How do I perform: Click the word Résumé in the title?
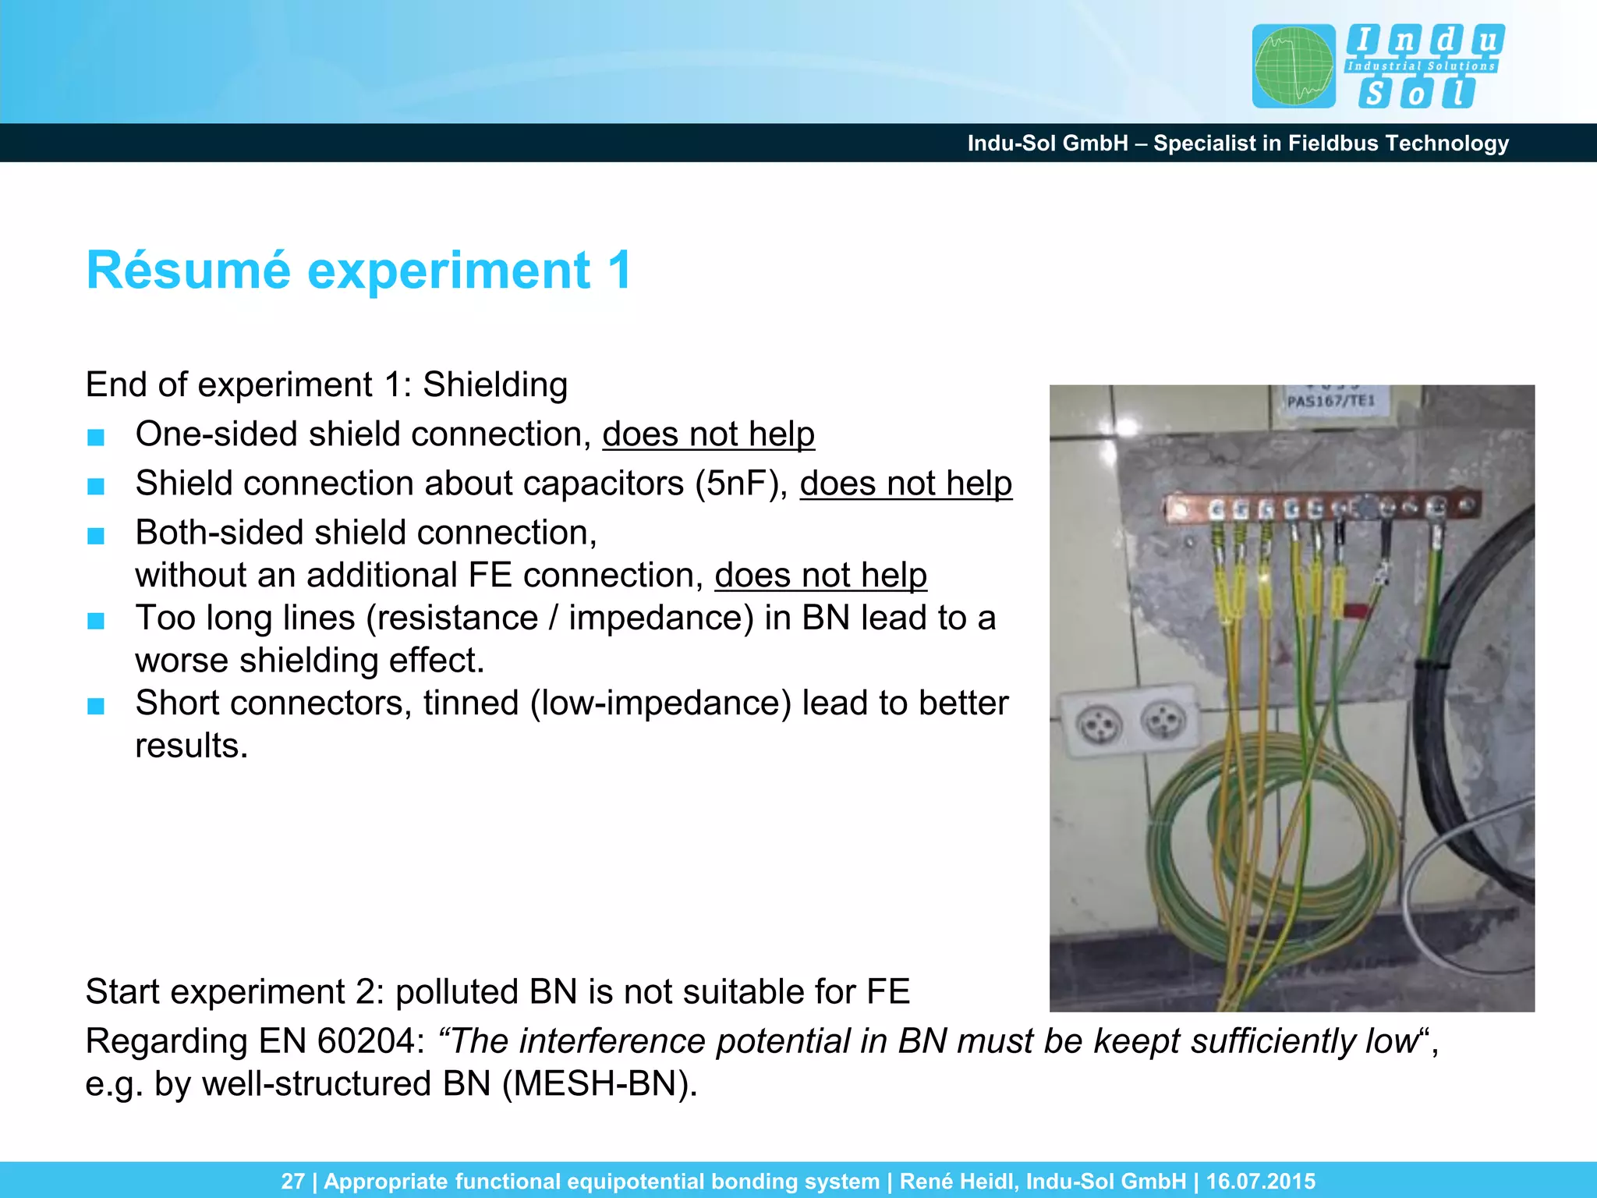[188, 271]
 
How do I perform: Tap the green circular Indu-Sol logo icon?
[1294, 66]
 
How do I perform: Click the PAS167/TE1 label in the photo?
[1331, 402]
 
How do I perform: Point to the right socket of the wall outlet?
[1163, 721]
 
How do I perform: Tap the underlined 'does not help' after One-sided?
[708, 434]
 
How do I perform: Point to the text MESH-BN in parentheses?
[599, 1084]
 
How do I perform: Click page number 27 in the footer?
[292, 1181]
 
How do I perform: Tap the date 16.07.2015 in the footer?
[1260, 1181]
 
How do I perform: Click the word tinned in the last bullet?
[470, 704]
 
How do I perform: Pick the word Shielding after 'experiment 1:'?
[495, 385]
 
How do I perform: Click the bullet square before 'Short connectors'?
[96, 707]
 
